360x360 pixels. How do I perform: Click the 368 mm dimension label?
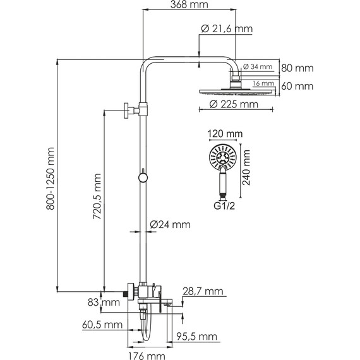pyautogui.click(x=189, y=4)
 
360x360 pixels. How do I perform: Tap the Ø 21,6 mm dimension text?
pyautogui.click(x=227, y=29)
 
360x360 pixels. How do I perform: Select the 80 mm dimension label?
pyautogui.click(x=297, y=68)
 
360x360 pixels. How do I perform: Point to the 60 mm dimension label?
pyautogui.click(x=297, y=87)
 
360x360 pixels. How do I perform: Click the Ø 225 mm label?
pyautogui.click(x=234, y=104)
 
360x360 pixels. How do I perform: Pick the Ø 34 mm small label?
pyautogui.click(x=258, y=66)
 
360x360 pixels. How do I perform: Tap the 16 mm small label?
pyautogui.click(x=263, y=83)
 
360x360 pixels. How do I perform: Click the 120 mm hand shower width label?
pyautogui.click(x=225, y=134)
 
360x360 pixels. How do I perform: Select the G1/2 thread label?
pyautogui.click(x=224, y=206)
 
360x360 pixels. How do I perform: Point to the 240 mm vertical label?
pyautogui.click(x=246, y=167)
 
